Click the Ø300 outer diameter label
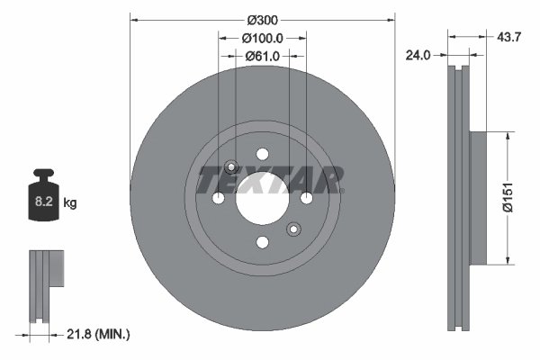pyautogui.click(x=262, y=19)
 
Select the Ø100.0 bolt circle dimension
pyautogui.click(x=262, y=38)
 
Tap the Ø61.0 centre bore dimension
pyautogui.click(x=262, y=56)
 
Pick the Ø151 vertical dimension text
pyautogui.click(x=508, y=197)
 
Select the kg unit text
pyautogui.click(x=70, y=204)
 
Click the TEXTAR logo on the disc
pyautogui.click(x=270, y=180)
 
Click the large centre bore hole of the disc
pyautogui.click(x=262, y=198)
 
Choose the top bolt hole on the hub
pyautogui.click(x=262, y=154)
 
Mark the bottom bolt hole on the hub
pyautogui.click(x=262, y=242)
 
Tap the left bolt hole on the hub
pyautogui.click(x=218, y=198)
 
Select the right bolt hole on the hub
pyautogui.click(x=306, y=198)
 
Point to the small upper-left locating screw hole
pyautogui.click(x=231, y=166)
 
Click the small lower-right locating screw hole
pyautogui.click(x=292, y=229)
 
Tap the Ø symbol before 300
pyautogui.click(x=247, y=19)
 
